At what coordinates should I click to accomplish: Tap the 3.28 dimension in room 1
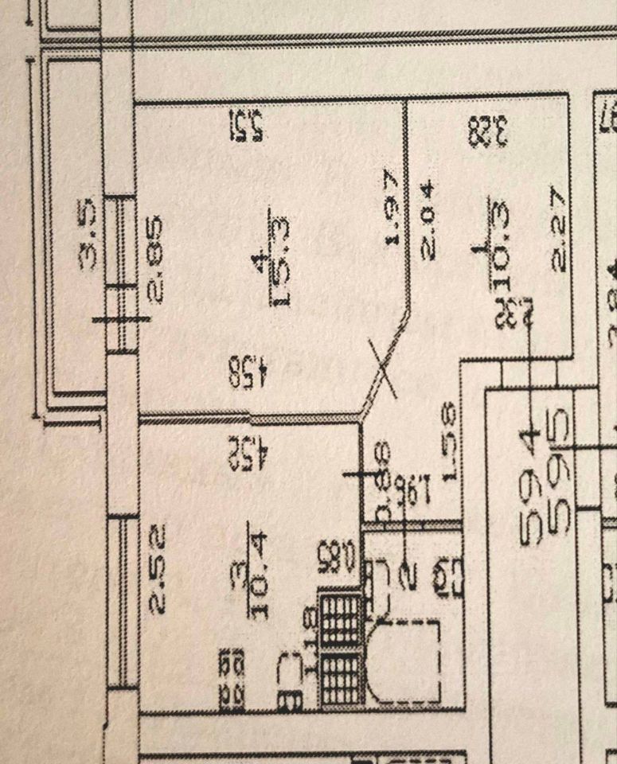[488, 131]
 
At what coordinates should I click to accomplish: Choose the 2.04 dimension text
[428, 220]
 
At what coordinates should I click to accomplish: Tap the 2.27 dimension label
[558, 229]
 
